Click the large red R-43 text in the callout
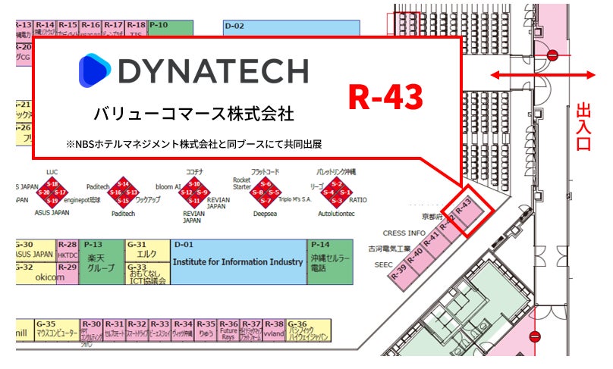(385, 95)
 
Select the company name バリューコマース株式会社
(193, 114)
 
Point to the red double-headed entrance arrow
(542, 74)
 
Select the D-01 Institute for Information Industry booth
(237, 261)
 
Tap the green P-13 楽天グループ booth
(101, 261)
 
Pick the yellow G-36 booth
(308, 332)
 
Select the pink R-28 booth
(67, 250)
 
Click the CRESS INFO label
(404, 233)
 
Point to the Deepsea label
(266, 214)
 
